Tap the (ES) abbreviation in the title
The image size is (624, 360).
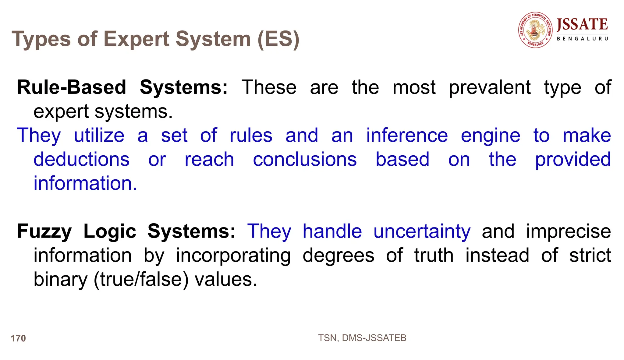point(278,39)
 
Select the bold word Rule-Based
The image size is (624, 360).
point(72,87)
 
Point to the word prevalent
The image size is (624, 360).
point(490,88)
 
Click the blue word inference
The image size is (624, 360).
point(407,136)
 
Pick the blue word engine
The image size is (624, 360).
point(490,136)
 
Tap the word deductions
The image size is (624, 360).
point(81,159)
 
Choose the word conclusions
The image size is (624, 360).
point(305,159)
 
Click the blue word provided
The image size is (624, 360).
point(573,160)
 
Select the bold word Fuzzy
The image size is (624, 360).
point(44,231)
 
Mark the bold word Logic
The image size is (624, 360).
point(110,231)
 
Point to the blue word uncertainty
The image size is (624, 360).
point(422,231)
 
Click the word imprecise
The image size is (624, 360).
point(569,231)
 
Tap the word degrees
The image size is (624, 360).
point(338,255)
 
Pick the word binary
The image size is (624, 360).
point(60,279)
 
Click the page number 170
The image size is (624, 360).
point(18,338)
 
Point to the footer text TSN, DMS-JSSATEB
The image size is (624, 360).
point(362,338)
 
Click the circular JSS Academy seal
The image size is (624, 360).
point(535,30)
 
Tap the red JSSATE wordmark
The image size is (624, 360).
point(582,24)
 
